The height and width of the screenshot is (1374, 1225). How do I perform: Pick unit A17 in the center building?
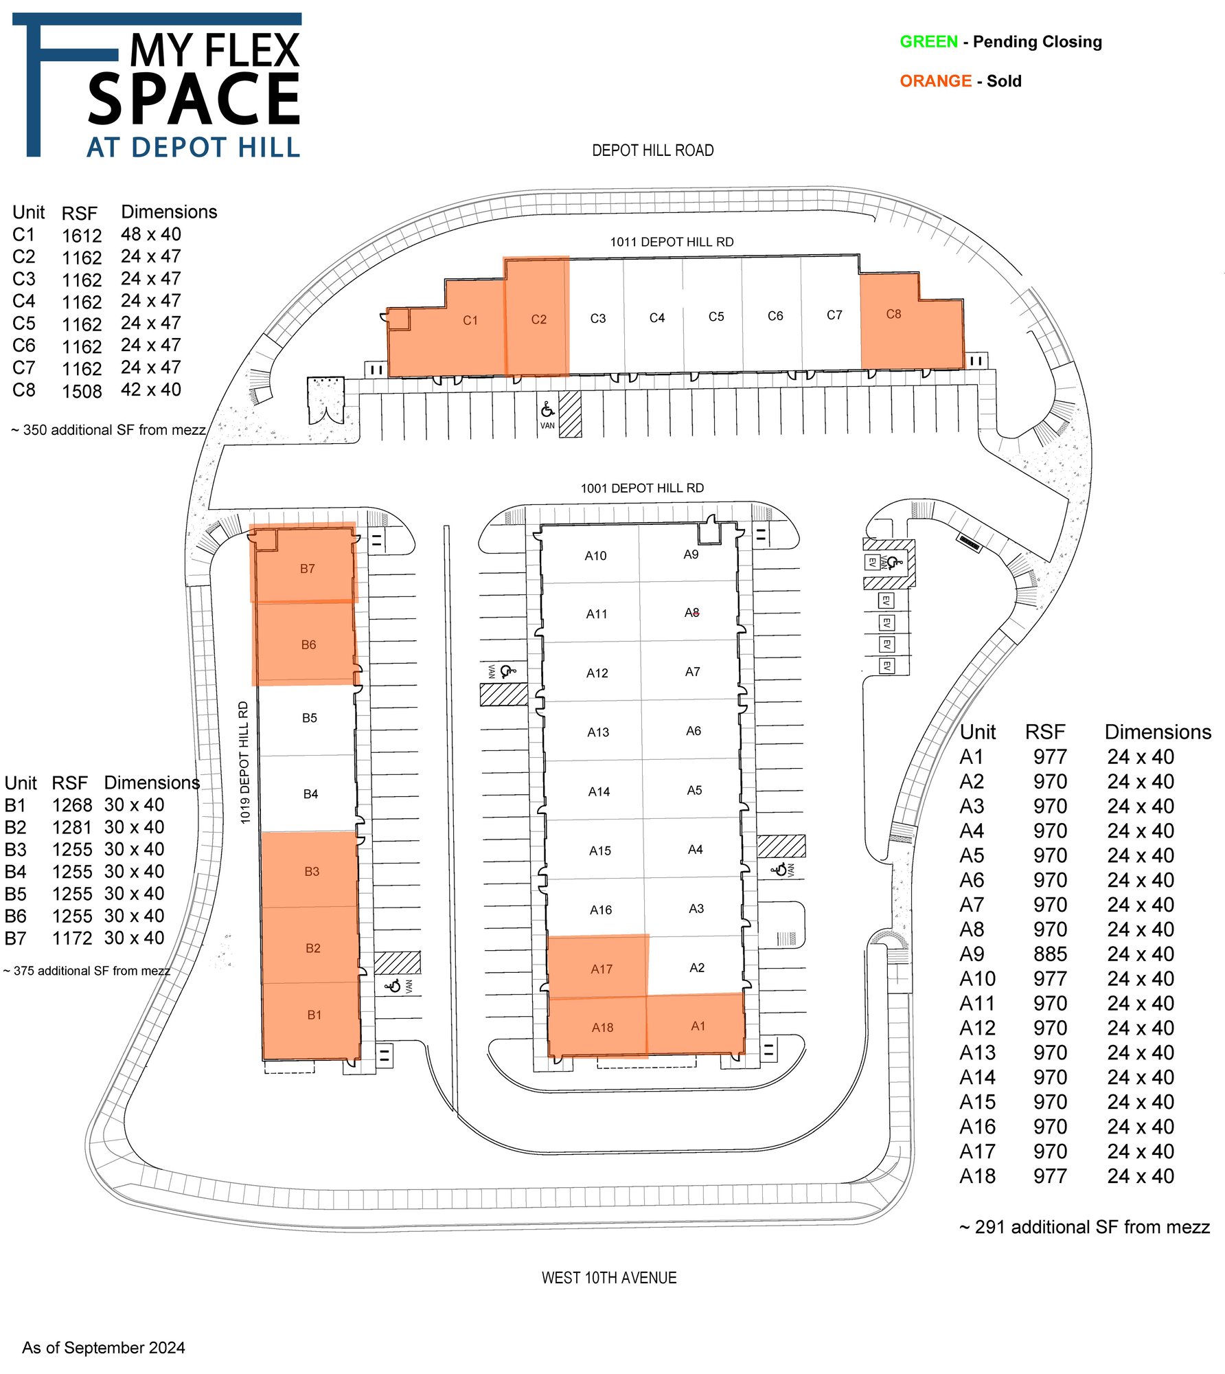click(x=598, y=966)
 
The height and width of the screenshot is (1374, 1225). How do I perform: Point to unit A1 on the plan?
click(x=696, y=1024)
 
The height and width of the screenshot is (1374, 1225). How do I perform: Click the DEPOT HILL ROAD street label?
click(x=653, y=150)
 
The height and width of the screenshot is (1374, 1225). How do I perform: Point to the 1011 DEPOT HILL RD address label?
click(x=672, y=242)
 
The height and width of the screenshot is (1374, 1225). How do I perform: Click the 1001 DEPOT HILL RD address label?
click(x=642, y=488)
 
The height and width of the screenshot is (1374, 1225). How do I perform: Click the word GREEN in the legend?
click(x=928, y=42)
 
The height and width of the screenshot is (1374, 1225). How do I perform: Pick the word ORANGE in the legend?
click(x=935, y=81)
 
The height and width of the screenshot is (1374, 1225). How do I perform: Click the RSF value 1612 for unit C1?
click(x=82, y=236)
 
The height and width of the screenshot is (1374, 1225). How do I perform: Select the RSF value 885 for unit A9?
click(x=1050, y=954)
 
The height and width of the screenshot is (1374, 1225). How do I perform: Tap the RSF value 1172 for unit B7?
click(x=72, y=938)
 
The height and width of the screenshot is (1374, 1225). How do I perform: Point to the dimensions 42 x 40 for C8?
click(x=151, y=390)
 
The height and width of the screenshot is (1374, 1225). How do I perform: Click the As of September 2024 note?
click(x=104, y=1348)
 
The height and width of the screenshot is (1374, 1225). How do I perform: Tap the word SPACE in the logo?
click(x=194, y=100)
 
